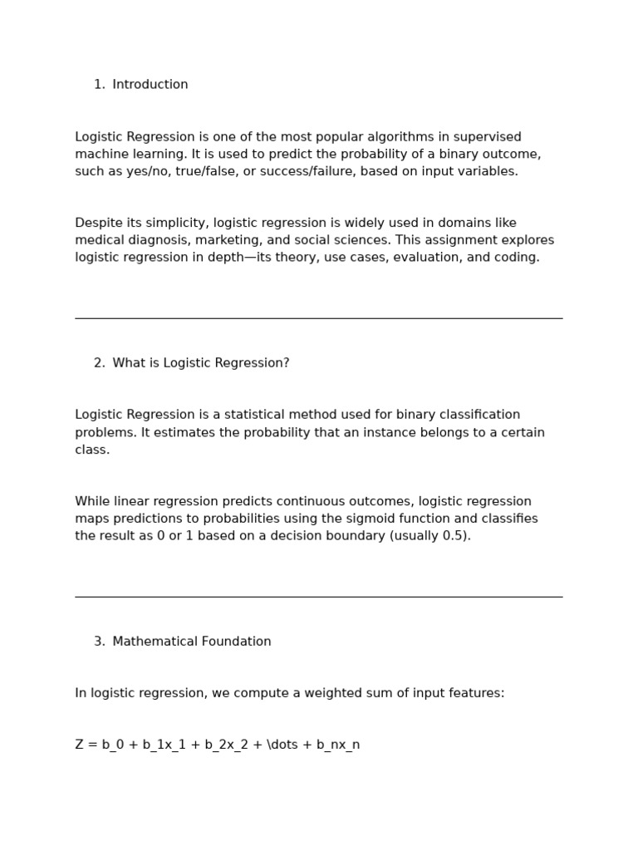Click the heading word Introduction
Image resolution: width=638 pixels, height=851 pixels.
point(150,85)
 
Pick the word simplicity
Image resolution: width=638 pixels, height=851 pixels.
point(175,223)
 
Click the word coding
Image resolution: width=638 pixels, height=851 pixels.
point(517,258)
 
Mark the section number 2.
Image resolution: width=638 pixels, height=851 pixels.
point(99,363)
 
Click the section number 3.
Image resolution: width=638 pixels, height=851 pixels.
point(99,642)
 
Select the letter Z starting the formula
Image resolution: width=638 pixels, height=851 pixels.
point(80,745)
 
